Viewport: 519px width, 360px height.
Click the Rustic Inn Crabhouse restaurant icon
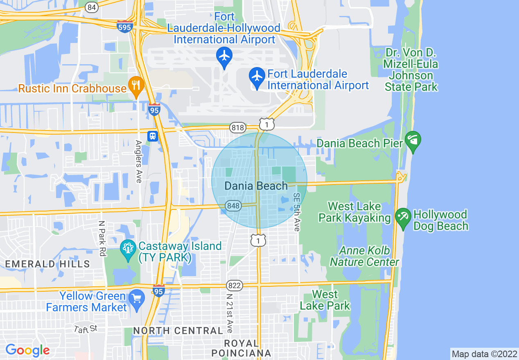pos(135,85)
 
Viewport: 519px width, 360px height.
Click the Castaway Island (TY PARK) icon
pos(128,249)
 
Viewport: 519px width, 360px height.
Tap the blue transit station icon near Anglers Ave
pos(153,135)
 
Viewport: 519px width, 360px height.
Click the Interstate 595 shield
pos(124,27)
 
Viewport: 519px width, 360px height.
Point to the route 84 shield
pos(92,7)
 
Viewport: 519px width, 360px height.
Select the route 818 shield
pos(237,128)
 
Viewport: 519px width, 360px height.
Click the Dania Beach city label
pos(256,186)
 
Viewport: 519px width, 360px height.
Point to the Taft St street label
pos(86,328)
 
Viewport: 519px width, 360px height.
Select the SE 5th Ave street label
pos(297,212)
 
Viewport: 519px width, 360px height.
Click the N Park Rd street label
pos(102,239)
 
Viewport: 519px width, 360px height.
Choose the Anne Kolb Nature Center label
pos(365,256)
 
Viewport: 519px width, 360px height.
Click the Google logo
pos(27,350)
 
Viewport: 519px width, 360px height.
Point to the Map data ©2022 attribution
pos(484,354)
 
